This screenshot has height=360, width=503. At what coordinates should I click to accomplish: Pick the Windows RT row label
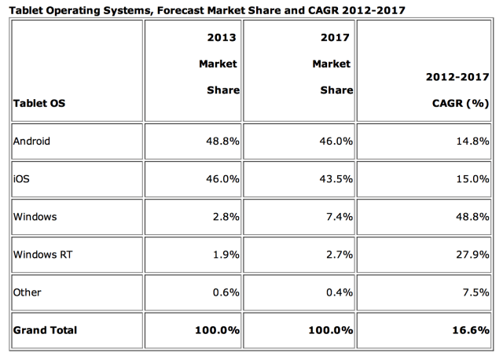[41, 255]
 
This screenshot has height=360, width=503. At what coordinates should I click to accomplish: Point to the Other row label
[28, 292]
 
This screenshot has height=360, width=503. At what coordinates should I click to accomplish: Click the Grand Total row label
[45, 329]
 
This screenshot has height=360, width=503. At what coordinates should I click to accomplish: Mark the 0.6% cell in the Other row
[225, 292]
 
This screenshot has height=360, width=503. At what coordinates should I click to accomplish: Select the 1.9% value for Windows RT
[225, 255]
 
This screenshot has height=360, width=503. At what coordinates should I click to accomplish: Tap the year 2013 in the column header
[222, 36]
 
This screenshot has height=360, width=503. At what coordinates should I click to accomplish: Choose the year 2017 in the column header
[336, 36]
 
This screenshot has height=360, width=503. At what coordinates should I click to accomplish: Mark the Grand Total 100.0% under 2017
[330, 329]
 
